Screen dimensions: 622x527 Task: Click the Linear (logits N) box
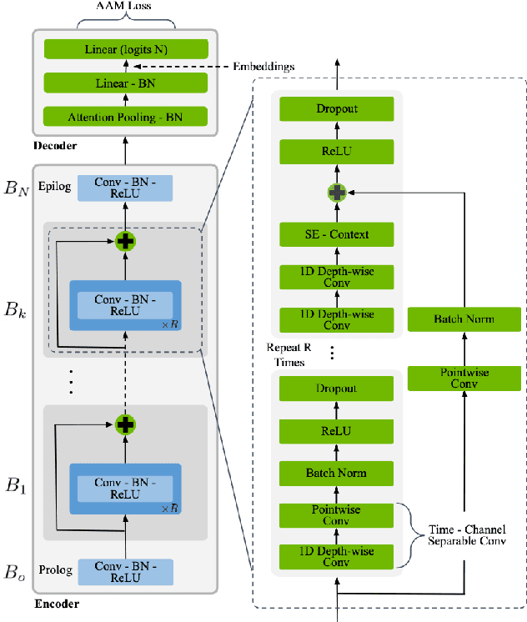[x=125, y=50]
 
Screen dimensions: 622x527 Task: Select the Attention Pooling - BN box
[x=125, y=116]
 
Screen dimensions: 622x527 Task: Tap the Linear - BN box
[x=125, y=83]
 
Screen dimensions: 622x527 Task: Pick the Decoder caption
[x=57, y=146]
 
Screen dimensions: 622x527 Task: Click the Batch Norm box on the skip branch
[x=464, y=319]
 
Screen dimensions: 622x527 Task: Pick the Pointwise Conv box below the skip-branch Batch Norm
[x=464, y=378]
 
